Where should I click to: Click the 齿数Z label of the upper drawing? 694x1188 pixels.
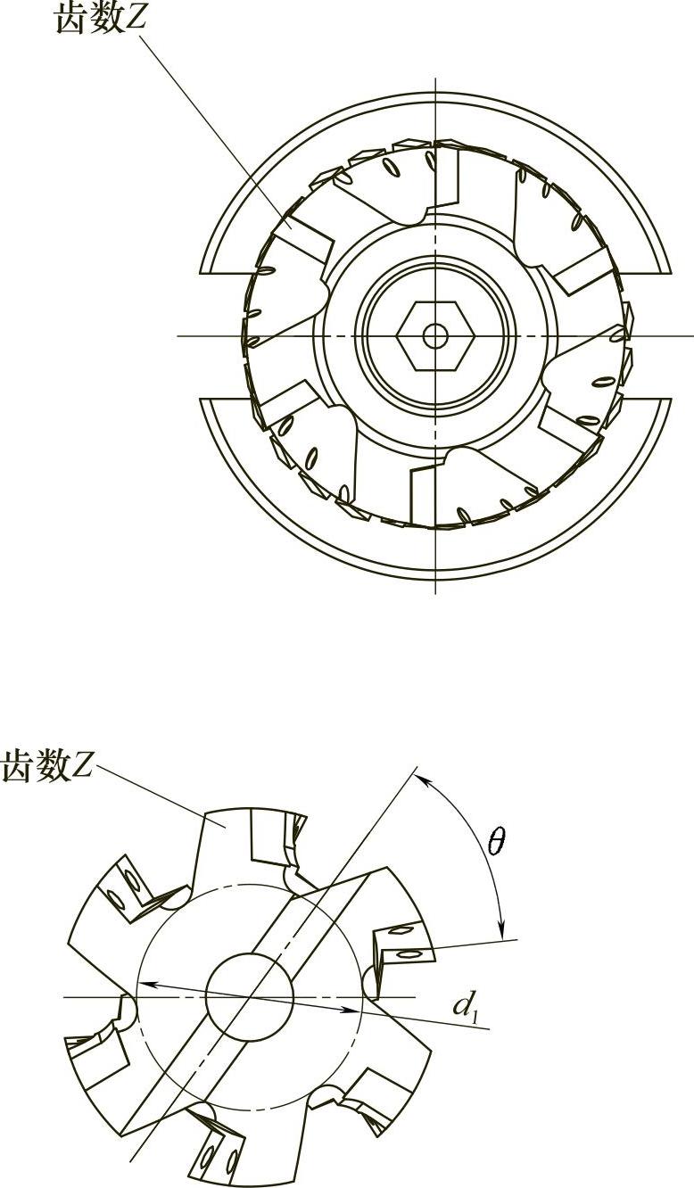(98, 20)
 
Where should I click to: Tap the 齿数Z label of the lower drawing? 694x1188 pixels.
(45, 765)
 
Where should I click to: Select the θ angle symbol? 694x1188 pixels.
(498, 841)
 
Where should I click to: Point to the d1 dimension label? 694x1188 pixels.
(465, 1006)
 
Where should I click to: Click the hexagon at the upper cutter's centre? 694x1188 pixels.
(435, 336)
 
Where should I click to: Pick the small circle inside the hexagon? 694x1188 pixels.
(435, 336)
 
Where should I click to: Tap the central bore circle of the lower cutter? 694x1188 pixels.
(249, 996)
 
